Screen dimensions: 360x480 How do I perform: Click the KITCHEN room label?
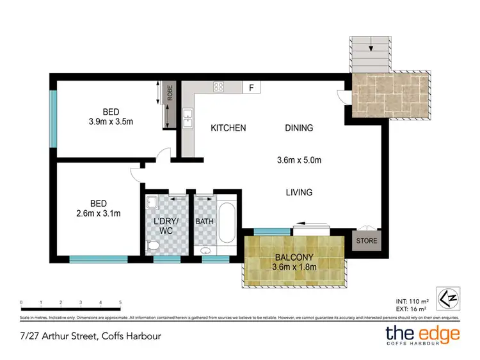point(228,128)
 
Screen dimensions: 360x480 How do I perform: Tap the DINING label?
point(299,128)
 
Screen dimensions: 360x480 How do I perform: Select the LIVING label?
point(299,192)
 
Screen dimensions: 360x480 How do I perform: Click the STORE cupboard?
point(366,241)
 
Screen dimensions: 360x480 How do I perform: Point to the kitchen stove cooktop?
point(219,88)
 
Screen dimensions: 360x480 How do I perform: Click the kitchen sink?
point(188,117)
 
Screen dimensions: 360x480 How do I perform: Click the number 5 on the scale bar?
point(120,302)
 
